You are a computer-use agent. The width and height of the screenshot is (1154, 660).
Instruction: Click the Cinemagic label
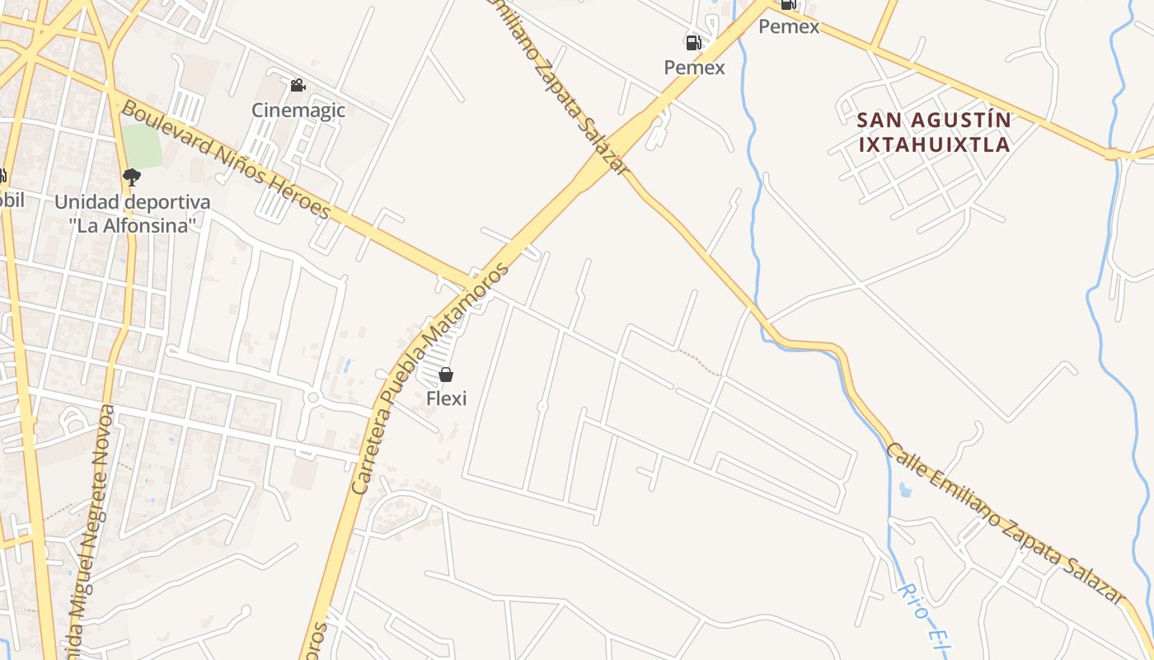pyautogui.click(x=298, y=111)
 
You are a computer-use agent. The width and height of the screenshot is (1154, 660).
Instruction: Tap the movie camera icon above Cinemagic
pyautogui.click(x=298, y=85)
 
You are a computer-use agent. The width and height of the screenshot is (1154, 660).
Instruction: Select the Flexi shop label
pyautogui.click(x=446, y=398)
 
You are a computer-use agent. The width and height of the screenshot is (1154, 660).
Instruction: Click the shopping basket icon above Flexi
pyautogui.click(x=446, y=375)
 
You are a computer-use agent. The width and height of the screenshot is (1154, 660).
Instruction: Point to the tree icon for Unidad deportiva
pyautogui.click(x=131, y=177)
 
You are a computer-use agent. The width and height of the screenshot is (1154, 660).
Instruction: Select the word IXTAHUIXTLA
pyautogui.click(x=934, y=145)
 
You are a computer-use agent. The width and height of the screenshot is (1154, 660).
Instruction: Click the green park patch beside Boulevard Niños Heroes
pyautogui.click(x=142, y=146)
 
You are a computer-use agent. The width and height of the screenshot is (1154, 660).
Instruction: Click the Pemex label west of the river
pyautogui.click(x=694, y=68)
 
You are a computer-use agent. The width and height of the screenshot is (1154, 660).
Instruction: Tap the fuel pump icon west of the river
pyautogui.click(x=693, y=43)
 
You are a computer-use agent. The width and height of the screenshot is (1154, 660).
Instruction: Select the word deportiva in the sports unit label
pyautogui.click(x=155, y=202)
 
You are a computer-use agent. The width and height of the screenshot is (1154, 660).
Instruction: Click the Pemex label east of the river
pyautogui.click(x=789, y=26)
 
